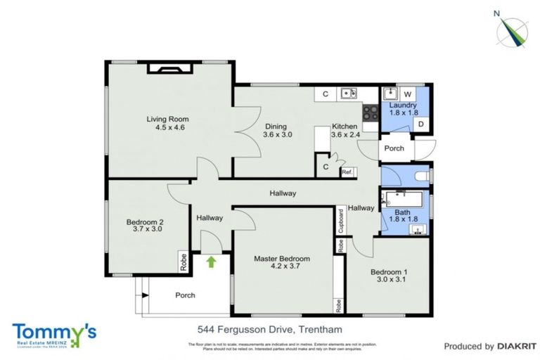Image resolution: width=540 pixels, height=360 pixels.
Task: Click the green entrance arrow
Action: (x=210, y=262)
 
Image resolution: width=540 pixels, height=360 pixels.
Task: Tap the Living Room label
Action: (x=167, y=119)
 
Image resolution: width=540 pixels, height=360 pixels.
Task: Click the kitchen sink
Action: (x=348, y=94)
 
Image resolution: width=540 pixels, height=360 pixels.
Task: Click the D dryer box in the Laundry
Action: (x=420, y=124)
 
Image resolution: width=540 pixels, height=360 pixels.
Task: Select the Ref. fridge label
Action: (x=347, y=171)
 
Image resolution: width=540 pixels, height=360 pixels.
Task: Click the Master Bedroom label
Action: (x=281, y=259)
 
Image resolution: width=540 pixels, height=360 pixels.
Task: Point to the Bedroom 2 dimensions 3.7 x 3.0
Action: (x=146, y=228)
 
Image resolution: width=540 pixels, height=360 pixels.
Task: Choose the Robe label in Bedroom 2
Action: (x=183, y=262)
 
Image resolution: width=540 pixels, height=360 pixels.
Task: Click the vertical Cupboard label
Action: (x=341, y=221)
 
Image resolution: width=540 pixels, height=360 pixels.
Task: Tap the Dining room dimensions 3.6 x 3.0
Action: (x=277, y=134)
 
